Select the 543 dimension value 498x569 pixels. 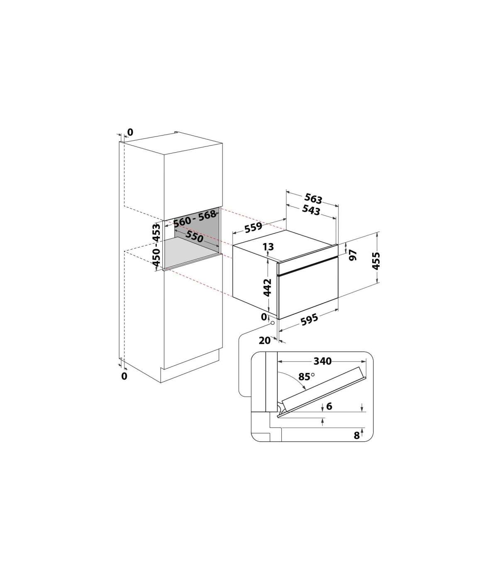[x=311, y=210]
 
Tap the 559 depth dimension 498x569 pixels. [x=254, y=227]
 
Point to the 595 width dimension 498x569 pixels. [x=309, y=319]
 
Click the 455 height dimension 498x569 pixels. [x=376, y=260]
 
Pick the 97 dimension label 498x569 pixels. [x=353, y=255]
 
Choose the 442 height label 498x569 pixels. [x=267, y=287]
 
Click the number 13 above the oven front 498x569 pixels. [x=268, y=247]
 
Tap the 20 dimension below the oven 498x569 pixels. [x=264, y=340]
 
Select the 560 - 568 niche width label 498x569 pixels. [x=195, y=218]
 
